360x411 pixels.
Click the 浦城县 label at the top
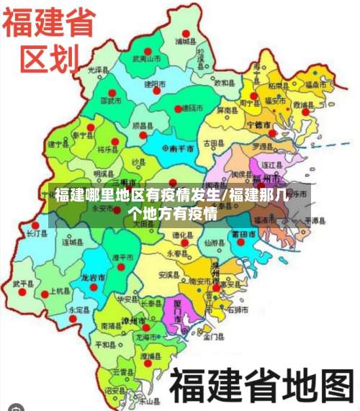click(x=188, y=42)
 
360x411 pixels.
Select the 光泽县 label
click(x=97, y=71)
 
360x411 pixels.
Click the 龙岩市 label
click(x=92, y=276)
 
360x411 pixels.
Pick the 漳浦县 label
click(x=150, y=356)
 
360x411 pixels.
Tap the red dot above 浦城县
click(x=186, y=33)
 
